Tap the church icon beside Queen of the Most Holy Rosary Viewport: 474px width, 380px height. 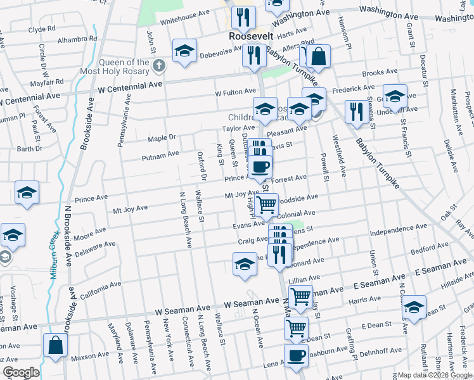coord(159,65)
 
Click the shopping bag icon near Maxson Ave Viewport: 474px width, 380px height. coord(55,346)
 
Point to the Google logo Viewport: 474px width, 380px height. coord(21,372)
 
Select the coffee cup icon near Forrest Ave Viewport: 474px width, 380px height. coord(260,167)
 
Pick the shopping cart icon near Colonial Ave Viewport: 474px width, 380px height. coord(267,204)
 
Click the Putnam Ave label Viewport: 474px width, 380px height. coord(160,154)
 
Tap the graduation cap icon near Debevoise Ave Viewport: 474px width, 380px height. coord(184,51)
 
